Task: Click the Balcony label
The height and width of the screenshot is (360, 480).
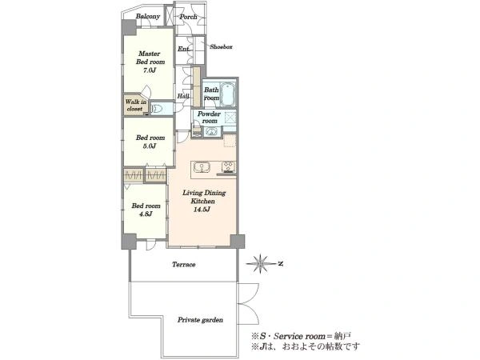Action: pos(148,17)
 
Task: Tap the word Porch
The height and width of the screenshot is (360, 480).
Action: pos(188,17)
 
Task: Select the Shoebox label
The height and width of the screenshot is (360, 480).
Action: pos(221,47)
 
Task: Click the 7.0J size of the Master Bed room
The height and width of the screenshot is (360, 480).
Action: pos(150,70)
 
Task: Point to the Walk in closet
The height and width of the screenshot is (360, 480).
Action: pos(135,105)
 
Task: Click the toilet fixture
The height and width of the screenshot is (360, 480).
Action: pos(157,109)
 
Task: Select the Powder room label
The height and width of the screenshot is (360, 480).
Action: pos(209,118)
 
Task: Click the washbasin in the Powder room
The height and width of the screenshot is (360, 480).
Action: pos(211,132)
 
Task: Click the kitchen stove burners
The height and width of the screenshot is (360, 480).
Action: pos(228,167)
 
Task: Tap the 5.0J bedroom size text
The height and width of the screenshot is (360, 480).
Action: pos(150,146)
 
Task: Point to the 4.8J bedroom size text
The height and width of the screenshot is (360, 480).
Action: pos(146,214)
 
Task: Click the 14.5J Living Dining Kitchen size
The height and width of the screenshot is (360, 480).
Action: pos(202,210)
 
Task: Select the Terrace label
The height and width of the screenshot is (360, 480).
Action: pos(184,265)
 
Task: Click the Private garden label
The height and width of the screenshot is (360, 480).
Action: pos(200,320)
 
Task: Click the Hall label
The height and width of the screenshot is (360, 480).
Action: pos(183,96)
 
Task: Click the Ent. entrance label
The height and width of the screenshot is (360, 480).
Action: pos(184,49)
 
